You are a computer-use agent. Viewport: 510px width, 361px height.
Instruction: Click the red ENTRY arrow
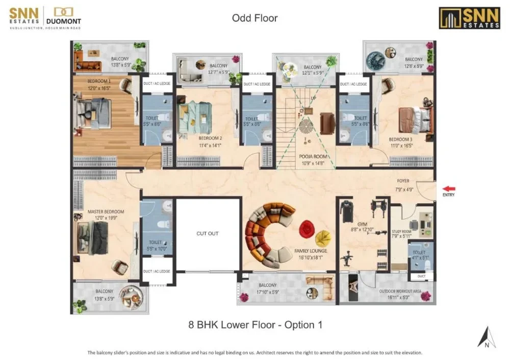point(449,189)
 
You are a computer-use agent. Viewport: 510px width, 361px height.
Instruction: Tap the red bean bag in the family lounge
point(307,229)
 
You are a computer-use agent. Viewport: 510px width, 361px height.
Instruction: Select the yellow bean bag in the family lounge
point(323,238)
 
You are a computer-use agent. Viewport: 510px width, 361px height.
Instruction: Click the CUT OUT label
point(208,233)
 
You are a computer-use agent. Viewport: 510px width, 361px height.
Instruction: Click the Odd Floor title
point(254,18)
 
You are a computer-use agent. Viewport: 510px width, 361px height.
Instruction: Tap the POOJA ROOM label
point(313,157)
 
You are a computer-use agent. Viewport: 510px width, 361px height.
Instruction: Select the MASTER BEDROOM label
point(106,211)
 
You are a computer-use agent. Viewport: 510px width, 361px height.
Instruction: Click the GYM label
point(362,224)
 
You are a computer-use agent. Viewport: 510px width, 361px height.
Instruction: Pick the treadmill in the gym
point(347,211)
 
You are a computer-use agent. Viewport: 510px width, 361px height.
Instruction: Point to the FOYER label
point(403,181)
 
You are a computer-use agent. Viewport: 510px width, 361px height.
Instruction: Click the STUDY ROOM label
point(402,231)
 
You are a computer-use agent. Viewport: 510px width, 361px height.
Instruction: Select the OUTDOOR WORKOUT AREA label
point(400,292)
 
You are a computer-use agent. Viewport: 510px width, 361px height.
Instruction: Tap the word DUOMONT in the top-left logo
point(64,21)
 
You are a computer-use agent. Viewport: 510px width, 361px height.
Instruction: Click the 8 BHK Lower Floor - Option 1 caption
point(256,325)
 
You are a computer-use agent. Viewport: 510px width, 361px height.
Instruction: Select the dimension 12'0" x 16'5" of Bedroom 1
point(99,88)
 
